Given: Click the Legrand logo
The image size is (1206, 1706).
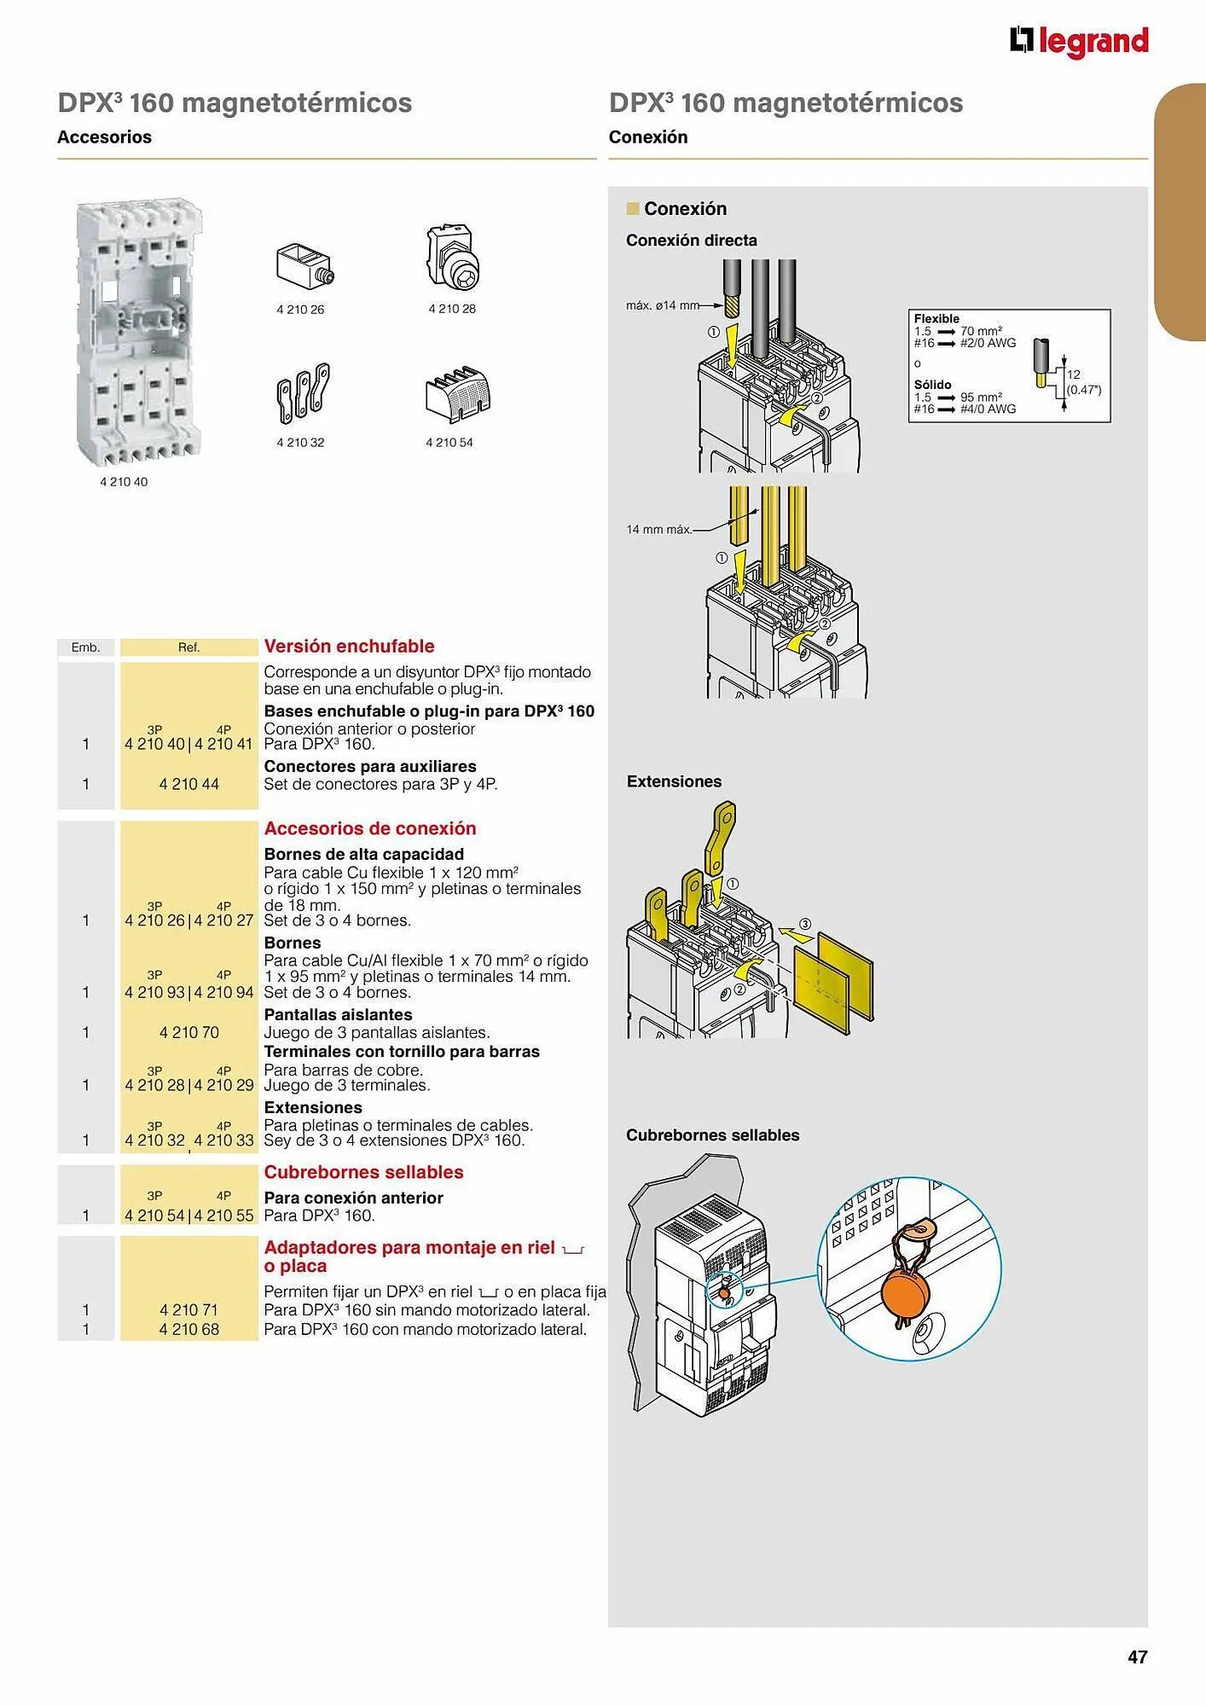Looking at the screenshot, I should coord(1079,41).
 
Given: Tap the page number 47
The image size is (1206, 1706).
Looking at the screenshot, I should coord(1137,1657).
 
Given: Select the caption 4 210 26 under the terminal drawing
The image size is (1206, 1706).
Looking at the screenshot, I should coord(300,310).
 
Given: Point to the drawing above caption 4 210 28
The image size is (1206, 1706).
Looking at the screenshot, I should coord(452,259).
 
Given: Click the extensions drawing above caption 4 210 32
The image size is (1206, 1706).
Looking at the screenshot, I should coord(303,393).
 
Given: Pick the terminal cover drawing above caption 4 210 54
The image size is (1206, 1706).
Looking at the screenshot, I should coord(458,395).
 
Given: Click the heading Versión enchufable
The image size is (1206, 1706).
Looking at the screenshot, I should coord(349,647).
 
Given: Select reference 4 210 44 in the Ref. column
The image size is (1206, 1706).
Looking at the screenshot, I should coord(188,784).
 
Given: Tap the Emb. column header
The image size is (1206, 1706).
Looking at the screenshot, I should coord(85,647).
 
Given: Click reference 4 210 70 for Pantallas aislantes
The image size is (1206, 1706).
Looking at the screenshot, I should coord(188,1033).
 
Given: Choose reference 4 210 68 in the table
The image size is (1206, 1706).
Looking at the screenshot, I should coord(188,1329).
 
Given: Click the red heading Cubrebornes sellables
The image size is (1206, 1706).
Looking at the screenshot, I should coord(363,1172).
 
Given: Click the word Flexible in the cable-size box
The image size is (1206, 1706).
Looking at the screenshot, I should coord(936,318).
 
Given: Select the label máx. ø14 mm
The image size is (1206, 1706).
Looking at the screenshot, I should coord(662,305).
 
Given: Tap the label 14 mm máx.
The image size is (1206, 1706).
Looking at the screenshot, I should coord(658,530).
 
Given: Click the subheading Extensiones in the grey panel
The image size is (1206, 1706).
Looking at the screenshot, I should coord(674,781).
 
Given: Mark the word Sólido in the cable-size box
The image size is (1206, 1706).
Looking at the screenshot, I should coord(932,385).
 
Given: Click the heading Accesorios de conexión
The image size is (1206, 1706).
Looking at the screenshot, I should coord(370,828).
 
